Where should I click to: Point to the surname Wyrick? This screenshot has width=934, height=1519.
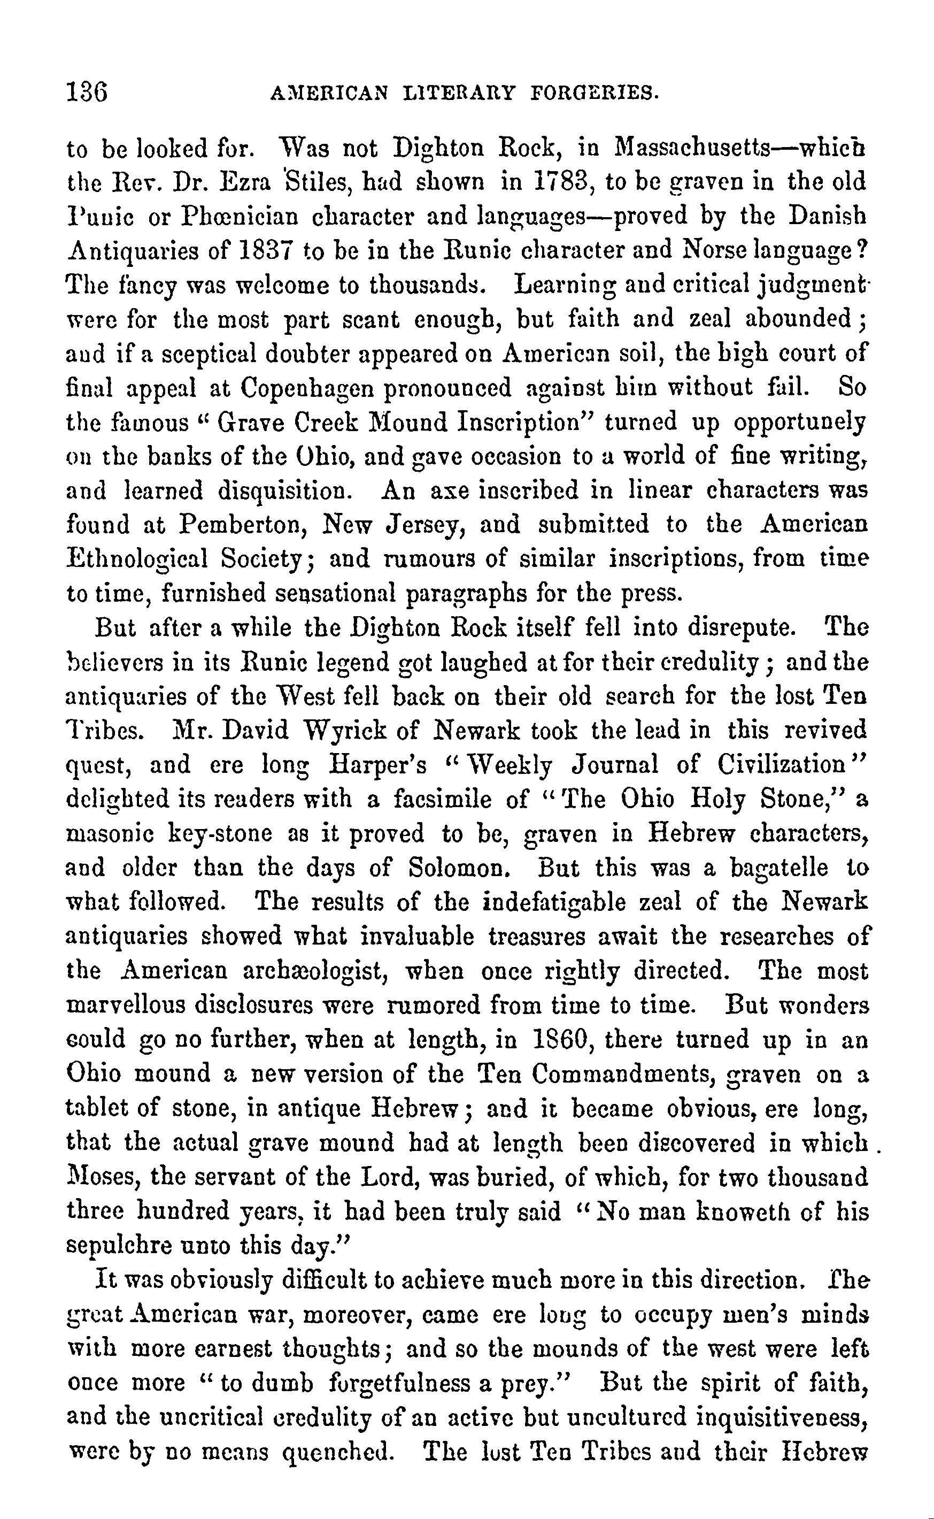coord(346,731)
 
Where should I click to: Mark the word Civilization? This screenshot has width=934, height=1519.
coord(783,765)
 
